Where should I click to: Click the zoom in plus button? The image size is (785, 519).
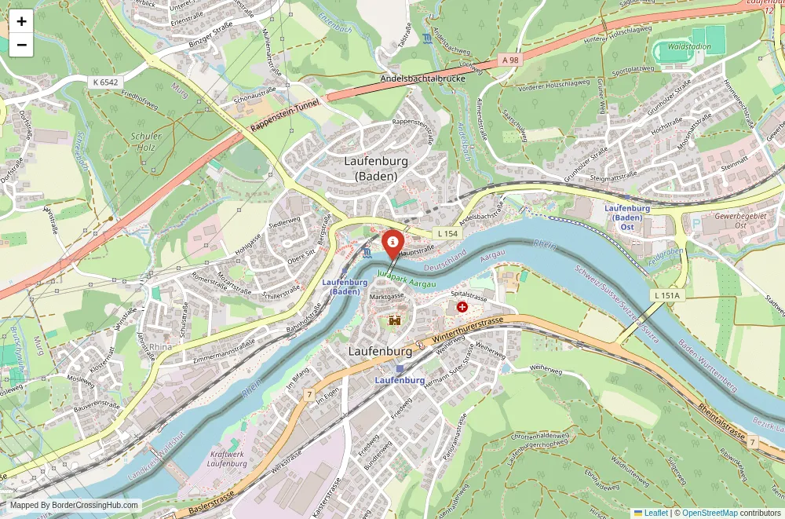point(21,21)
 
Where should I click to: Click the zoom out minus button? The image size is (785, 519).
point(21,45)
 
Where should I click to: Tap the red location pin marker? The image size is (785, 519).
point(392,242)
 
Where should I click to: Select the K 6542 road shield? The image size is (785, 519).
point(105,82)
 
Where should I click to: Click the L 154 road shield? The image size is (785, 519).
point(447,233)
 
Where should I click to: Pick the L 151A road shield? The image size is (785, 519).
point(669,294)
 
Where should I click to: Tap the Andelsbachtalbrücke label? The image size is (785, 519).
point(422,79)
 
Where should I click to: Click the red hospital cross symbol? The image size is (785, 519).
point(462,307)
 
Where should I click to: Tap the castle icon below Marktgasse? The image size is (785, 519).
point(394,320)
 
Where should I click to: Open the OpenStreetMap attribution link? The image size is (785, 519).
point(710,513)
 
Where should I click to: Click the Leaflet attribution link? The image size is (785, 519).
point(651,513)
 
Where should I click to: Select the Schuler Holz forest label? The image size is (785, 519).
point(147,141)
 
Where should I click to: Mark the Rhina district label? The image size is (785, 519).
point(160,346)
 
